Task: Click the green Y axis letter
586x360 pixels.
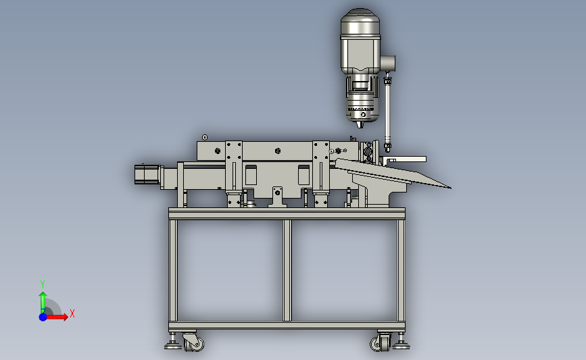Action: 42,284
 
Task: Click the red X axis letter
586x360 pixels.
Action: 72,313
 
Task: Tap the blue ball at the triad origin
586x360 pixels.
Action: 43,317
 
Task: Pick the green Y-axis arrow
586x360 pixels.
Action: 43,303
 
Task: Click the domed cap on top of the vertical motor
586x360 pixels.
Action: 360,16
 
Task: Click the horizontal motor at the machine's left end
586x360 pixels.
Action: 147,174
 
